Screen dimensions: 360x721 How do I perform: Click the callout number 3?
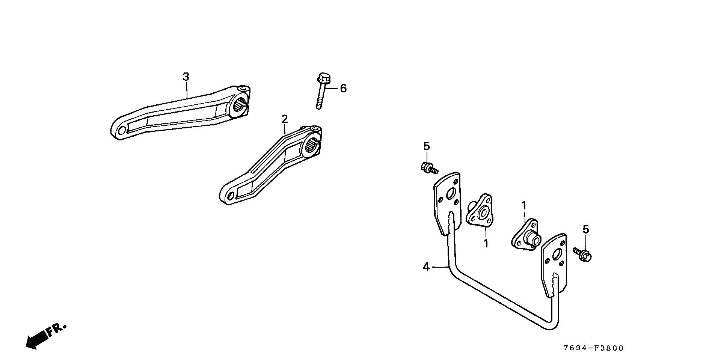pyautogui.click(x=186, y=77)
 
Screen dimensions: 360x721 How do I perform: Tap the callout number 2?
pyautogui.click(x=285, y=119)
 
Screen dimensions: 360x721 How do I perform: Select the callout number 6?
pyautogui.click(x=343, y=89)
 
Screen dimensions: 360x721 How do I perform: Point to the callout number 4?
pyautogui.click(x=426, y=267)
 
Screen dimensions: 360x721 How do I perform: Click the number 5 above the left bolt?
pyautogui.click(x=426, y=146)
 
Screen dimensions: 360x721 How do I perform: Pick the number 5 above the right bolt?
pyautogui.click(x=586, y=229)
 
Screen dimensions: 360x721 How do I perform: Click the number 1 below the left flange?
pyautogui.click(x=486, y=243)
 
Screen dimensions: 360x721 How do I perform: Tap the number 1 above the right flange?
pyautogui.click(x=523, y=205)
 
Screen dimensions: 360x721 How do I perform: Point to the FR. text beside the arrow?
pyautogui.click(x=56, y=329)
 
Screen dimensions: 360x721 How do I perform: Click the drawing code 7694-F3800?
pyautogui.click(x=593, y=348)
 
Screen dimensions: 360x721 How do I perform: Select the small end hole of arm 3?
pyautogui.click(x=121, y=131)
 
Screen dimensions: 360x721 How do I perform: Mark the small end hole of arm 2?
pyautogui.click(x=230, y=196)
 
